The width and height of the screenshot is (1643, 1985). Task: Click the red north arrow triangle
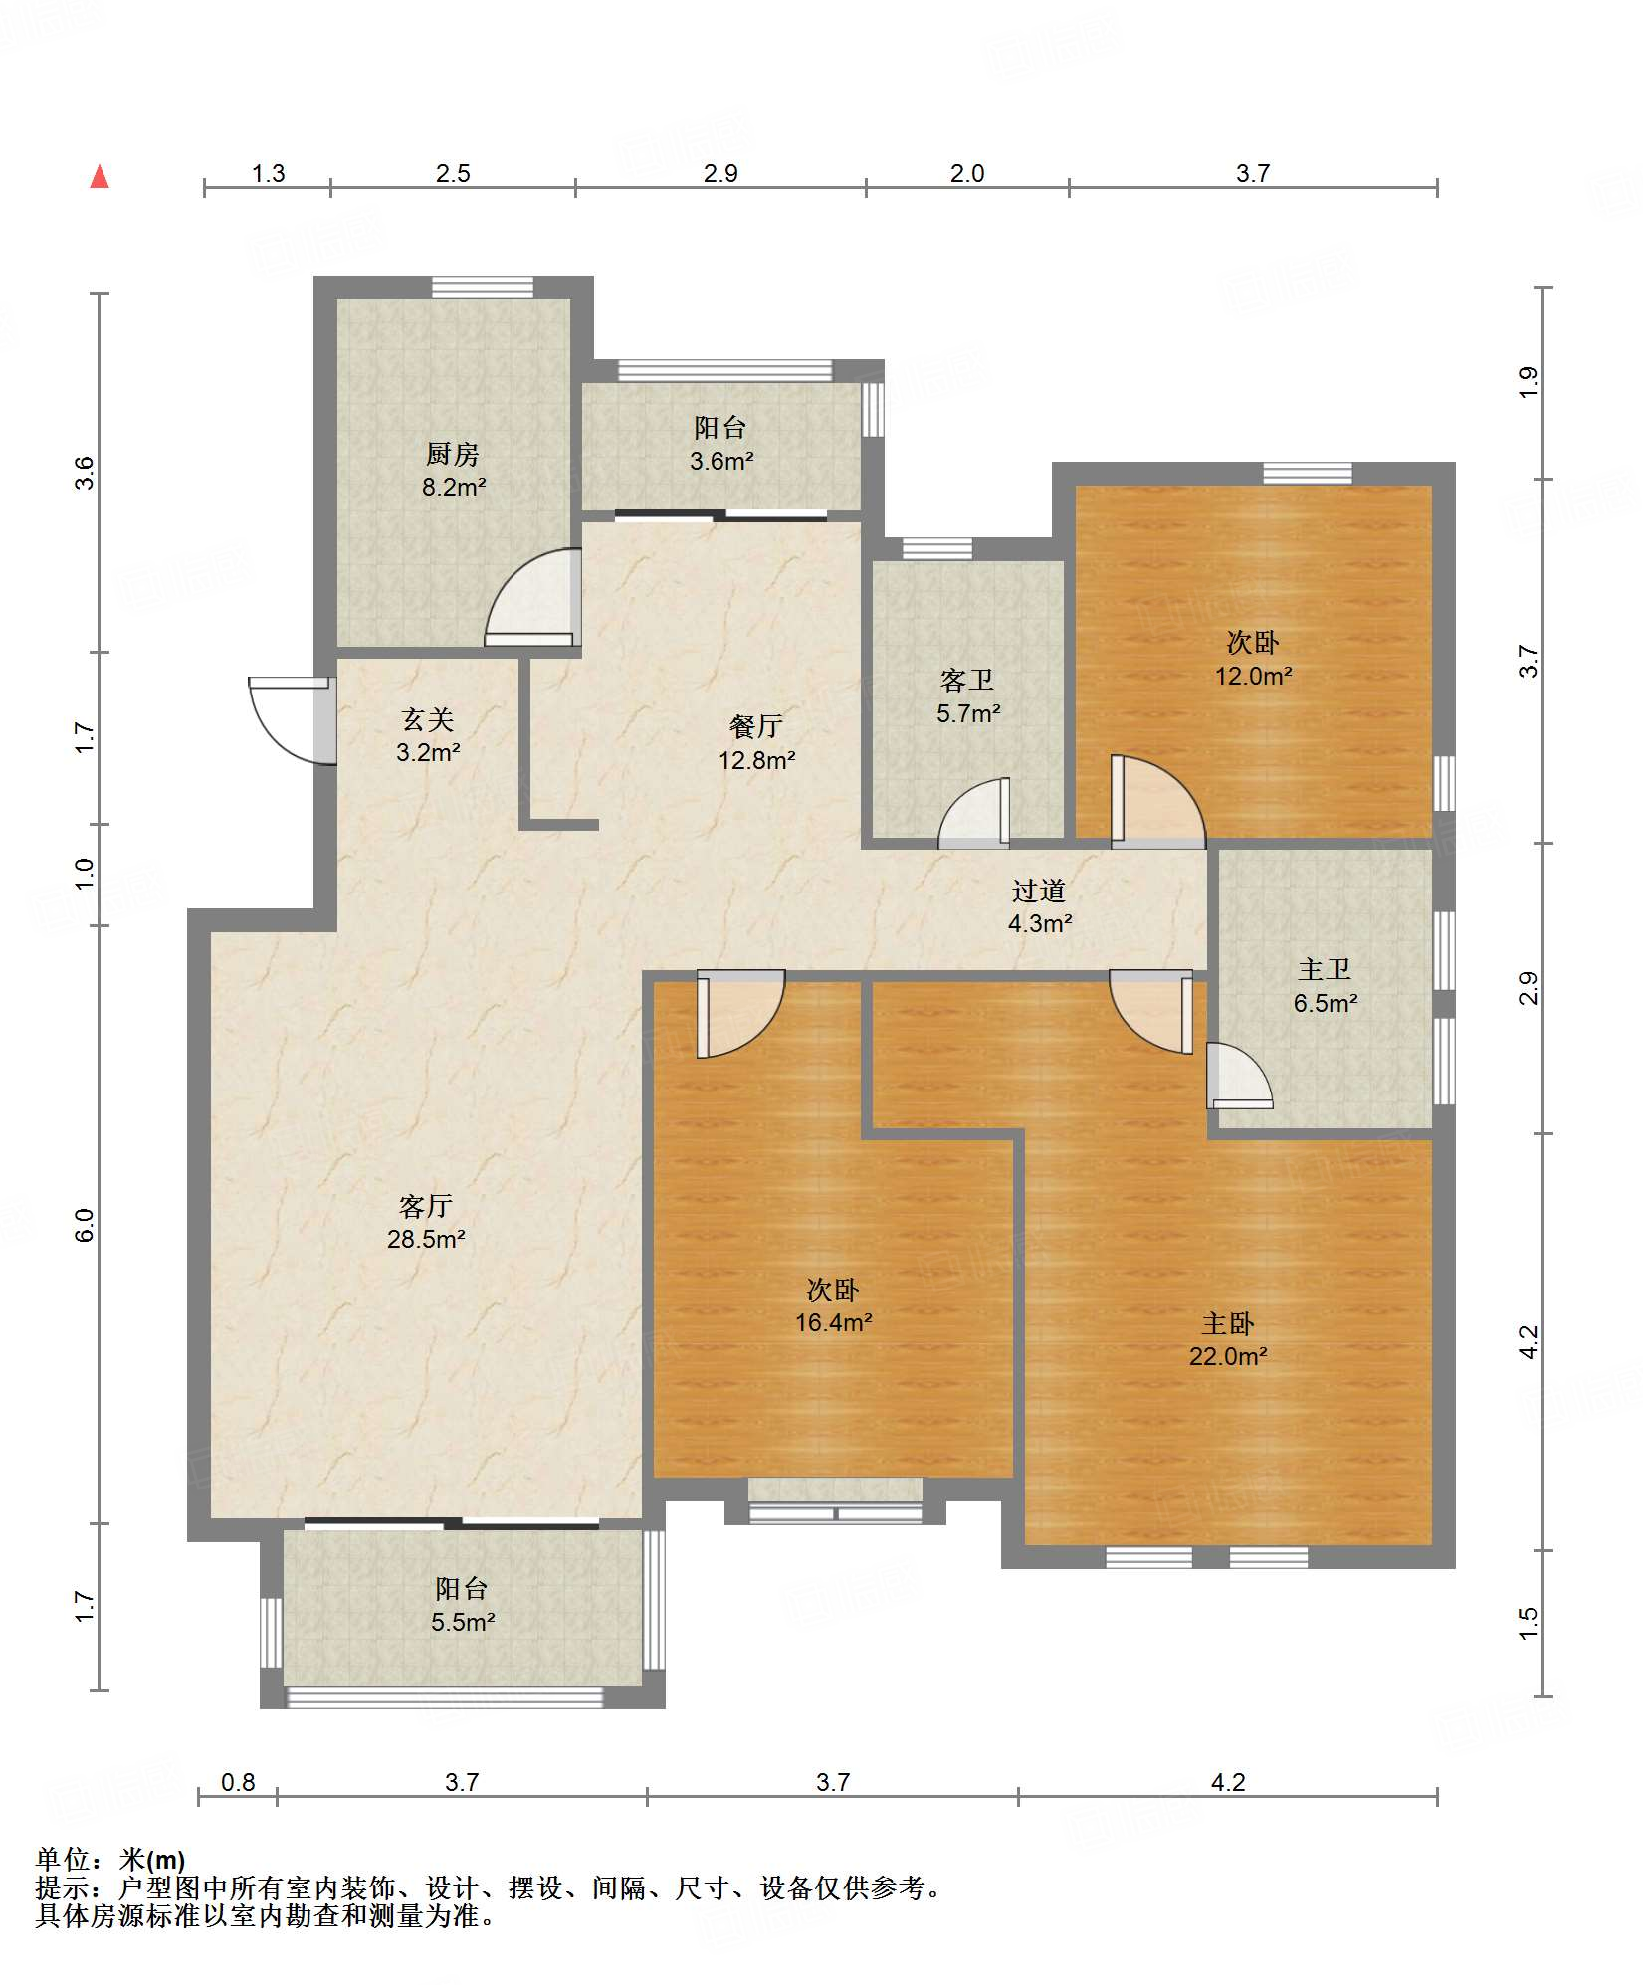(x=100, y=177)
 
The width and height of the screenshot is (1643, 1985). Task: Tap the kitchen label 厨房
(x=453, y=455)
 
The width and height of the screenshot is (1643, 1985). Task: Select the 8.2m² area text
(x=454, y=488)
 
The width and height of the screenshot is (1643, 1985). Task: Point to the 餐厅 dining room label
(x=756, y=727)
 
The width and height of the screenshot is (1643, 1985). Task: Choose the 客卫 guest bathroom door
(x=974, y=813)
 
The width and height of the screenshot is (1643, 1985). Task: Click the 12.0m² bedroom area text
(x=1253, y=677)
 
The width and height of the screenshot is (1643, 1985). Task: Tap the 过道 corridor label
(x=1040, y=892)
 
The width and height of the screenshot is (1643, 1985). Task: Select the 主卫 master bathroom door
(x=1240, y=1076)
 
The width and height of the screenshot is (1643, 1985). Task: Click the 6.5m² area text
(x=1326, y=1004)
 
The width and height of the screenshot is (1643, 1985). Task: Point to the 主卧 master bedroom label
(x=1228, y=1324)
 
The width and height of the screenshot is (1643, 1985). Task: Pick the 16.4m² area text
(x=834, y=1323)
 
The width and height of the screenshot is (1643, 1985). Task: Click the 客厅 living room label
(x=426, y=1207)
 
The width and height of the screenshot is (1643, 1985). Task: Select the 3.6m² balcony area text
(x=721, y=462)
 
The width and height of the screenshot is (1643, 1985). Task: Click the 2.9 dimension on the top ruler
(x=720, y=174)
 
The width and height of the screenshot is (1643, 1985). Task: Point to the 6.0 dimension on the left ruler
(x=85, y=1225)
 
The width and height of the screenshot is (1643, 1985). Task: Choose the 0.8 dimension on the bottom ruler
(x=238, y=1782)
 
